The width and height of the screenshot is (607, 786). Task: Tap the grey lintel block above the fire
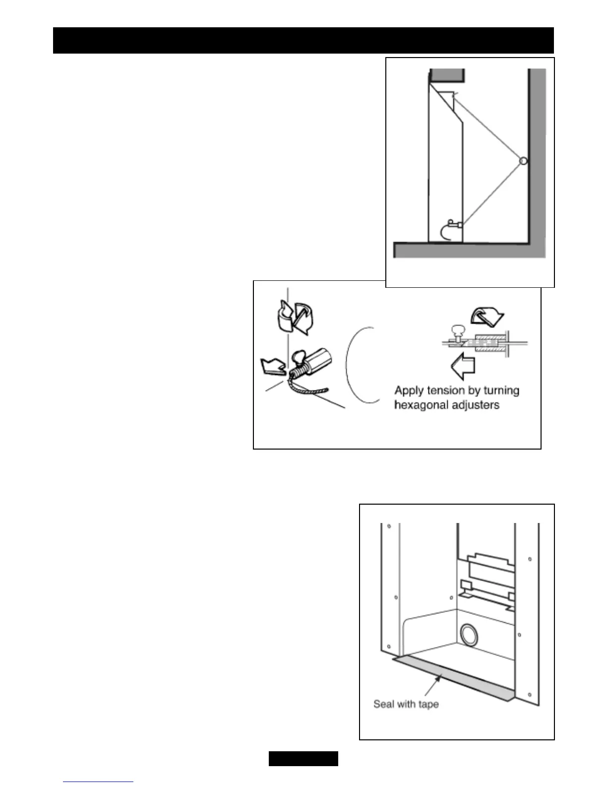(x=447, y=75)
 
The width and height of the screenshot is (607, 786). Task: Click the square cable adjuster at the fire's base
(x=460, y=226)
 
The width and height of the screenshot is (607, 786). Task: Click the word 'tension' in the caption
(x=445, y=391)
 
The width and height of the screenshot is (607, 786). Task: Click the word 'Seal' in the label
(x=383, y=704)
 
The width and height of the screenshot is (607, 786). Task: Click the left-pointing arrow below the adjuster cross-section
(x=463, y=366)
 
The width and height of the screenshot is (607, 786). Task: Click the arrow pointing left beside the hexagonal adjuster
(x=272, y=366)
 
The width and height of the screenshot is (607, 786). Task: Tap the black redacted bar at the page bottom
(x=303, y=759)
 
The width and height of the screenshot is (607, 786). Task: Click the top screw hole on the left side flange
(x=389, y=526)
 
